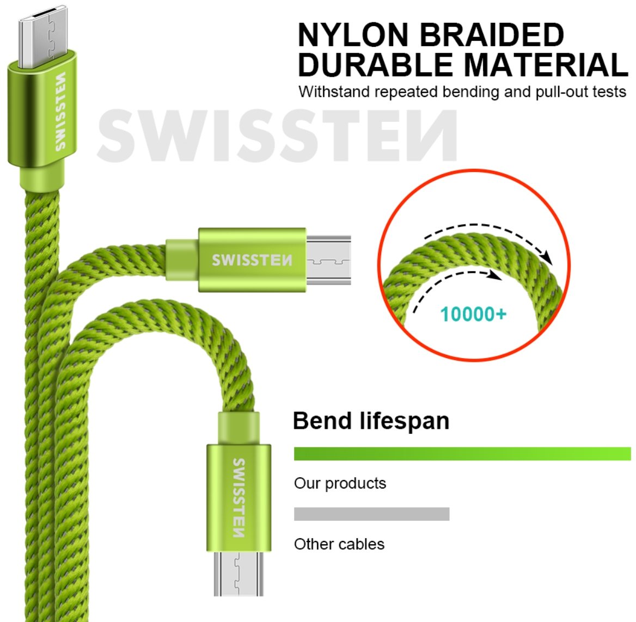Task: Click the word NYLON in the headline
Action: click(352, 35)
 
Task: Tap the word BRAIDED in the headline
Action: click(492, 35)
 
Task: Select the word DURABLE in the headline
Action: click(375, 65)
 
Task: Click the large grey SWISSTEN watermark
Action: click(277, 136)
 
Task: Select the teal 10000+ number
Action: click(473, 314)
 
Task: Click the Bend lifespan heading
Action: click(371, 421)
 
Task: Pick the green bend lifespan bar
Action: click(462, 454)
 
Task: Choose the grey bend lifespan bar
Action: click(371, 514)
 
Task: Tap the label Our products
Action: click(340, 483)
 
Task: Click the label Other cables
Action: click(339, 544)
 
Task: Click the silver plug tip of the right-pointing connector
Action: click(328, 260)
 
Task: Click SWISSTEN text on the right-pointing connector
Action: click(252, 260)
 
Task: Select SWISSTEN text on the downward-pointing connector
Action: click(238, 498)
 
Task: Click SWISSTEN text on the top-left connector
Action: click(60, 111)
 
